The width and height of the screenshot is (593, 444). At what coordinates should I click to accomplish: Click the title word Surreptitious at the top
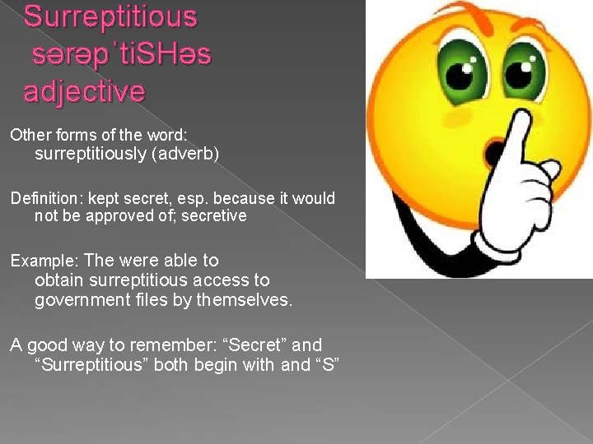(x=110, y=16)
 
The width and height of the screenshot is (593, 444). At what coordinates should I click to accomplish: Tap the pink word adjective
(x=84, y=90)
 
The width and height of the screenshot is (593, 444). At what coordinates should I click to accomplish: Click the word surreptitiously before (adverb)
(x=89, y=155)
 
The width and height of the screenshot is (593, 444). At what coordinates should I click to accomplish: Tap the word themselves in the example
(x=244, y=300)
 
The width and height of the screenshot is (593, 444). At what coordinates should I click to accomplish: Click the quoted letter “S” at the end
(x=327, y=364)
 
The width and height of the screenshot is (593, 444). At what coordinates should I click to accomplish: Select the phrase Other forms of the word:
(x=100, y=134)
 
